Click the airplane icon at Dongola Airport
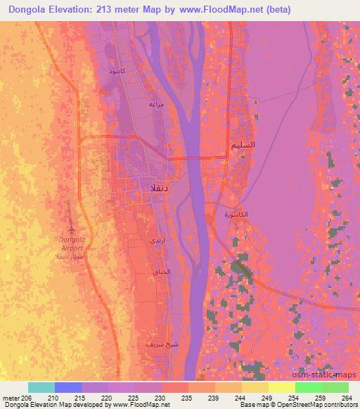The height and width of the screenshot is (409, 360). [x=70, y=229]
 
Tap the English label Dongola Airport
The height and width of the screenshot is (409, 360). [x=70, y=243]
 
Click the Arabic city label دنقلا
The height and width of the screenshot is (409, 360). [x=155, y=188]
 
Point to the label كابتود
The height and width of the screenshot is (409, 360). [x=116, y=72]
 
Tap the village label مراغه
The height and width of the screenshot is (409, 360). [x=156, y=104]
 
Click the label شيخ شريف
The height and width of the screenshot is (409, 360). [x=155, y=344]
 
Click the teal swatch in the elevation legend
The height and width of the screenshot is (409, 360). [x=41, y=387]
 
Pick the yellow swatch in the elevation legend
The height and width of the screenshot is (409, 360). [x=282, y=387]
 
